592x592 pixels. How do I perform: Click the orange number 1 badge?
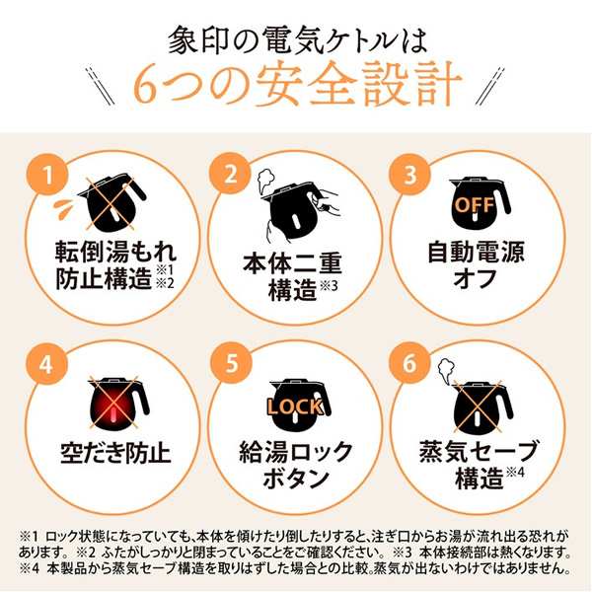pos(47,175)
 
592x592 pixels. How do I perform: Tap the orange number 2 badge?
pos(231,174)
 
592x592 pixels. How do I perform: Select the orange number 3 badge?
pos(410,174)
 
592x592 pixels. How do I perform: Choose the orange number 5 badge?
pos(231,363)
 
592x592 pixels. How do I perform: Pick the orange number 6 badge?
pos(410,363)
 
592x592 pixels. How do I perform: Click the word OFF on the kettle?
pos(475,204)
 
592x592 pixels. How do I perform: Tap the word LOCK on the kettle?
pos(295,407)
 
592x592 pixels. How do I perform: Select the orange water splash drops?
pos(63,208)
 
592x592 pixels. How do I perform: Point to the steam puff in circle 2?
pos(265,182)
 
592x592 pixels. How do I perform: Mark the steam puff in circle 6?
pos(446,370)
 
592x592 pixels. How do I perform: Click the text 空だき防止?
pos(115,453)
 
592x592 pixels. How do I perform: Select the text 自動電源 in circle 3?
pos(476,253)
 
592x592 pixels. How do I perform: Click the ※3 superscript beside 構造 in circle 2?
pos(329,286)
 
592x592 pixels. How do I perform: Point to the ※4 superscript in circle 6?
pos(515,473)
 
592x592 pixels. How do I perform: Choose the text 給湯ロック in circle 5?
pos(296,453)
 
